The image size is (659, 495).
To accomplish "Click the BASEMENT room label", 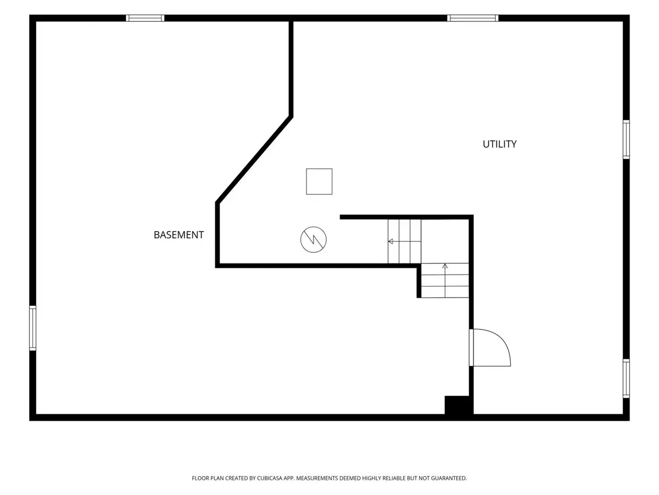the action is click(178, 235).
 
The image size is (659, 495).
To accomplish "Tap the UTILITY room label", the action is click(499, 144).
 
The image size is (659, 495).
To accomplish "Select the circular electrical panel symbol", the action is click(313, 240).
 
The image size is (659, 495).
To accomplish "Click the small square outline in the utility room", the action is click(319, 182).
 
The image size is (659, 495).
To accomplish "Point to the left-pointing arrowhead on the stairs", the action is click(390, 241).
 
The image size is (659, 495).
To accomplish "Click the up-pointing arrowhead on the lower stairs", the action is click(445, 266).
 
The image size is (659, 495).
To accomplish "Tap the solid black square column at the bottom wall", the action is click(459, 405).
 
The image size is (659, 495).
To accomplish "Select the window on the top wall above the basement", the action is click(145, 18).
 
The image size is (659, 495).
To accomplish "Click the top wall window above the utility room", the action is click(473, 18).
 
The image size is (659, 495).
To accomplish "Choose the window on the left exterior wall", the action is click(33, 328).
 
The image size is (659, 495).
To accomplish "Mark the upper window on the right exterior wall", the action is click(626, 140).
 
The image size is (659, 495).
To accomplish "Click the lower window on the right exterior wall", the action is click(626, 378).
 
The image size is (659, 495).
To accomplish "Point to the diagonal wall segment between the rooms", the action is click(254, 159).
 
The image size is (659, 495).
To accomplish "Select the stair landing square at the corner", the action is click(445, 241).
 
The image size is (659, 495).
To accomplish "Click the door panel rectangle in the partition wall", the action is click(471, 348).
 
